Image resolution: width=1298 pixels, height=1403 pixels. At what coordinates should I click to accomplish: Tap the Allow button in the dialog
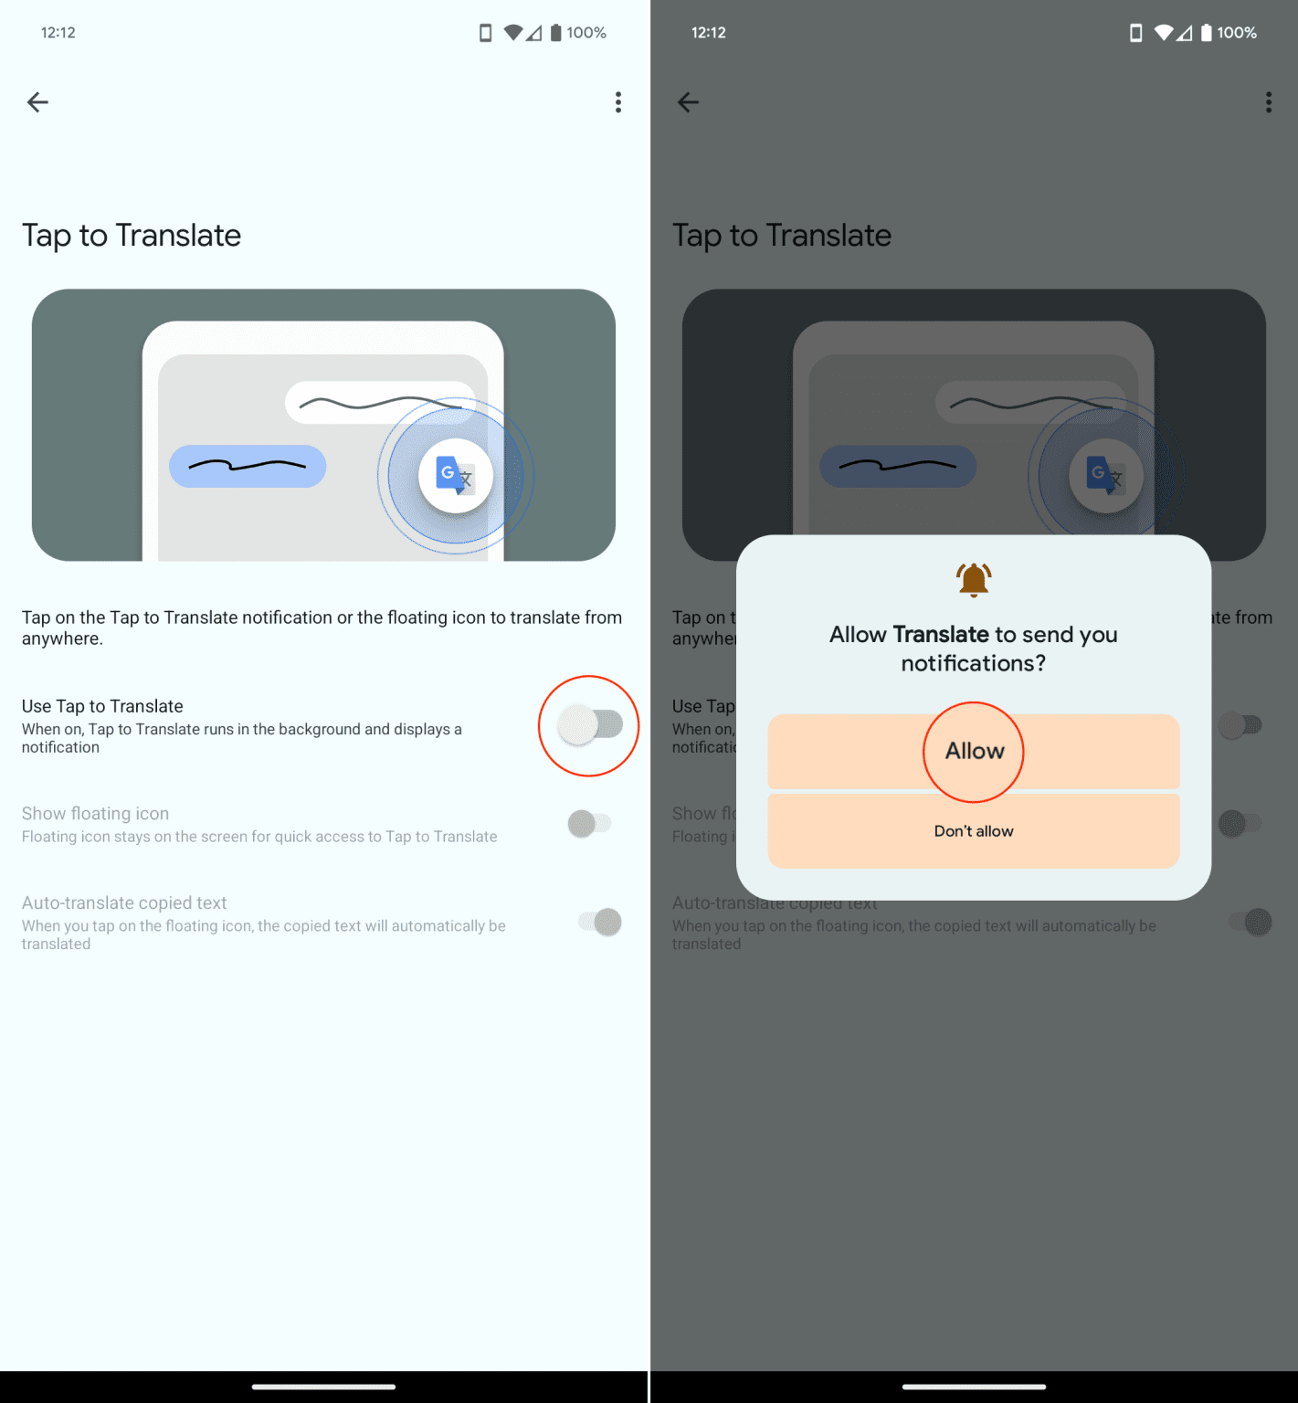point(974,751)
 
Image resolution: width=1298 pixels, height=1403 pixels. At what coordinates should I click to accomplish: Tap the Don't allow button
point(974,831)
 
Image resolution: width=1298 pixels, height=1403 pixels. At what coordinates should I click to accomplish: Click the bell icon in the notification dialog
point(974,579)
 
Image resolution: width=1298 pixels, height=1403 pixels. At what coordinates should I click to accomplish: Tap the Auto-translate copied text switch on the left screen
point(600,922)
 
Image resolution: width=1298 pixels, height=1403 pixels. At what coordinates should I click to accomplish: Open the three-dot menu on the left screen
point(618,102)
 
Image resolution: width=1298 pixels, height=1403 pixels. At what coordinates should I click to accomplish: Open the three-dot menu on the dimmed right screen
point(1269,102)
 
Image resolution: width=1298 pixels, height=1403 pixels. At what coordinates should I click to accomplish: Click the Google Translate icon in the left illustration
point(455,475)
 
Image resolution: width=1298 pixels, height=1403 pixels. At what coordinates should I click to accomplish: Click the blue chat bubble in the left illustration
point(248,466)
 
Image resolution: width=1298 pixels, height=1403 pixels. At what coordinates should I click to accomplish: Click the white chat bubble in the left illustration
point(378,402)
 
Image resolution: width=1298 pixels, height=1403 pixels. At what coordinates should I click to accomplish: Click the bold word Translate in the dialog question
point(941,635)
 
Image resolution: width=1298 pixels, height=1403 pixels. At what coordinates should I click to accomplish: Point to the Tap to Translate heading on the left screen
point(132,236)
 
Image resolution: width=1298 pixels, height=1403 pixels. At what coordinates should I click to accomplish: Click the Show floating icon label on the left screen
point(96,814)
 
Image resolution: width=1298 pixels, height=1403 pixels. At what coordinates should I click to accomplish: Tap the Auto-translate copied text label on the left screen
point(124,903)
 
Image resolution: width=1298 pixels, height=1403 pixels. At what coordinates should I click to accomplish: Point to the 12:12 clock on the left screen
point(58,33)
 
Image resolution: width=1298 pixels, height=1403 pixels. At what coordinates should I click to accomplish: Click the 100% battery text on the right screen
point(1237,33)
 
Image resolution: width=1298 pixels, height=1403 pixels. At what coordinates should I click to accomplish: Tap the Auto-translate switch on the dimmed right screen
point(1251,922)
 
